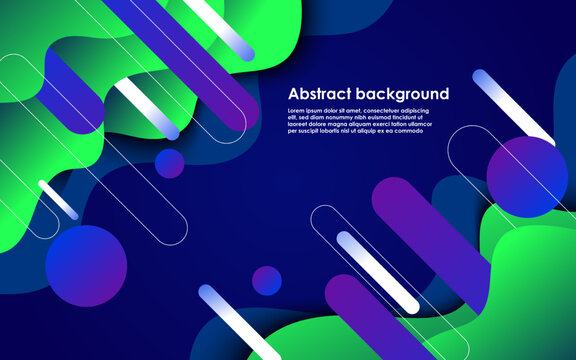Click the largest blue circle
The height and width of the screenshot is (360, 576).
[x=86, y=265]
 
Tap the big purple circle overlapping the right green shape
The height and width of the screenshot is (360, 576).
[x=527, y=176]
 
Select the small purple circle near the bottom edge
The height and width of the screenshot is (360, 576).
[x=266, y=281]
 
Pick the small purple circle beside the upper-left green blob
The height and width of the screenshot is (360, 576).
[x=170, y=163]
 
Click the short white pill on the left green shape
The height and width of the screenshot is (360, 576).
[x=58, y=199]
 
